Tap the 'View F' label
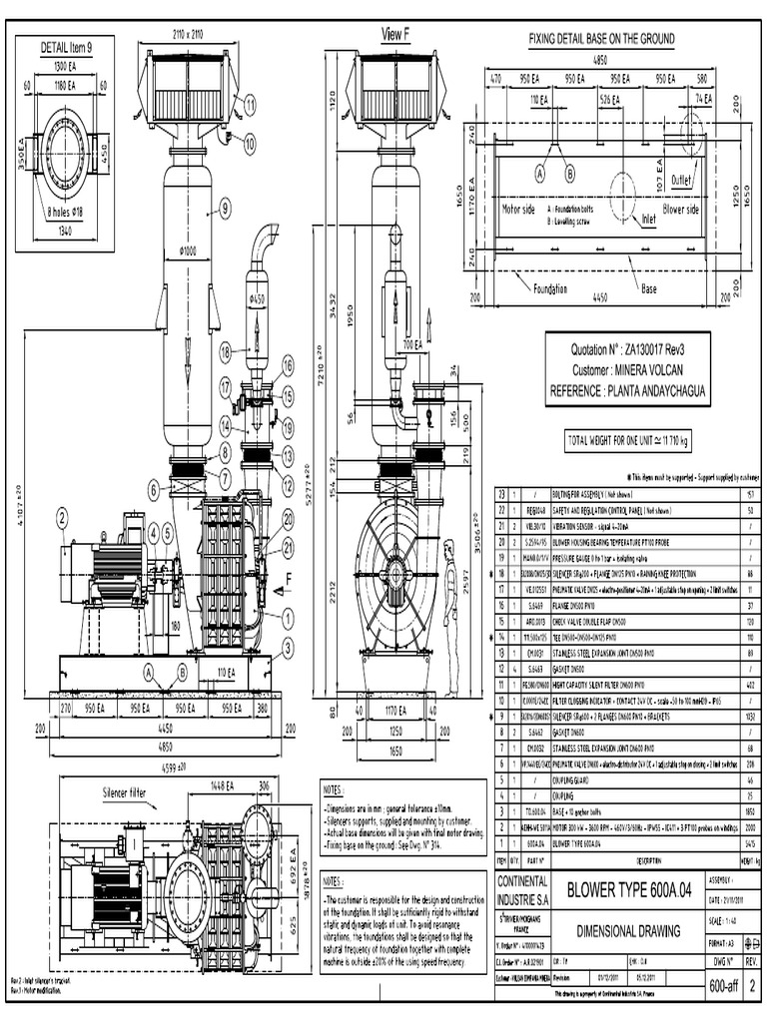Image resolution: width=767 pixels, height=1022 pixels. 395,34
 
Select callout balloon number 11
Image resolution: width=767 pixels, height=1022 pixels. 250,100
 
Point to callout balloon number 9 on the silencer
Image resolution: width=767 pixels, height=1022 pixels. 225,209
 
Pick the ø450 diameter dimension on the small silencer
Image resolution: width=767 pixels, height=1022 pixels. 258,298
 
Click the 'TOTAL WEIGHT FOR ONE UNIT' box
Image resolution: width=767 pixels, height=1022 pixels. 628,439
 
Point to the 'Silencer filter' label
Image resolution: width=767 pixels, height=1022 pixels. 131,790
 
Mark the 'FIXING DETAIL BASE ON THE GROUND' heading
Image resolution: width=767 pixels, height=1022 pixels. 601,39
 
